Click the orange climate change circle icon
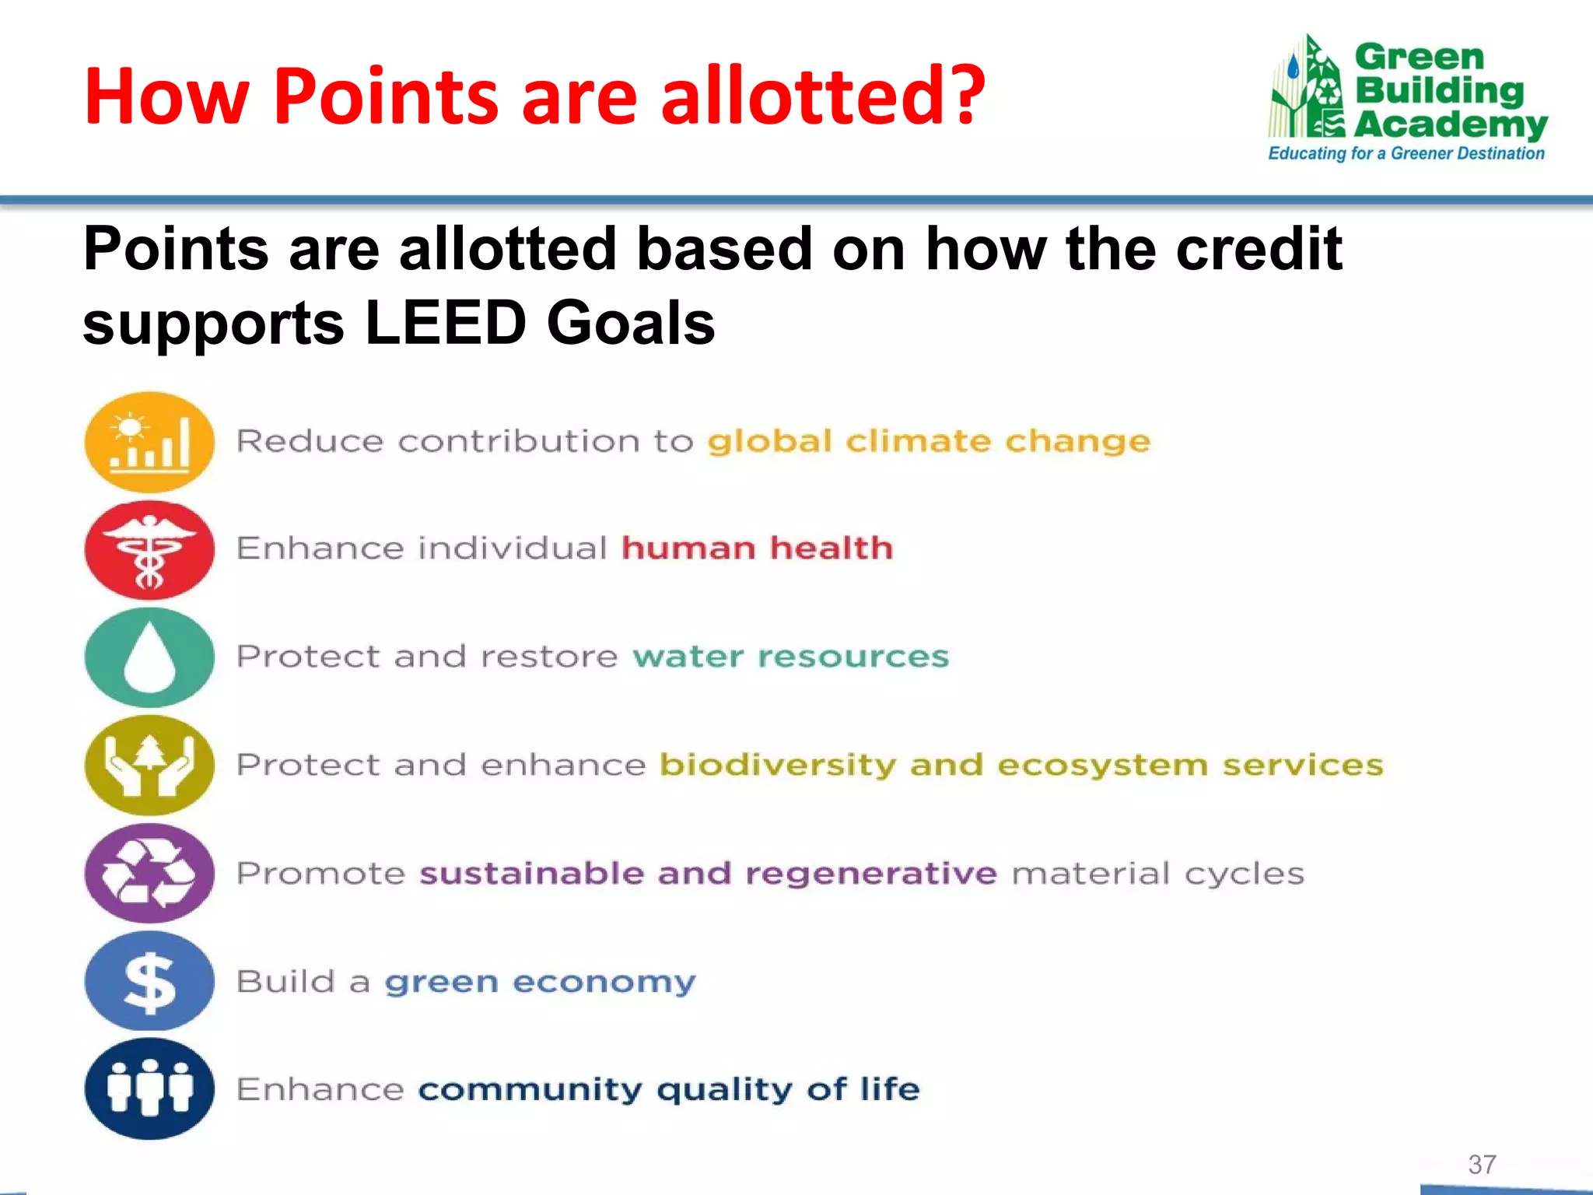click(x=149, y=442)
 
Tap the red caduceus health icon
click(x=149, y=549)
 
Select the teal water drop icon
click(x=149, y=657)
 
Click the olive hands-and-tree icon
click(x=149, y=765)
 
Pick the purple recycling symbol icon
click(x=149, y=873)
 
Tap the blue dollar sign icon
click(x=149, y=981)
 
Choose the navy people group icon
click(x=149, y=1088)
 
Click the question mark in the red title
click(x=961, y=96)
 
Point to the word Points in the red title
click(x=385, y=96)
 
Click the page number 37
click(x=1482, y=1164)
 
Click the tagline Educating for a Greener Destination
click(x=1406, y=153)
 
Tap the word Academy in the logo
click(x=1450, y=124)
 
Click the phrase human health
click(x=757, y=548)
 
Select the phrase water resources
click(x=791, y=657)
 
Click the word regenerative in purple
click(x=870, y=873)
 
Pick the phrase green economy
click(x=540, y=982)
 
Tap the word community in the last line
click(x=530, y=1089)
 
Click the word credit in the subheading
click(x=1258, y=249)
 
